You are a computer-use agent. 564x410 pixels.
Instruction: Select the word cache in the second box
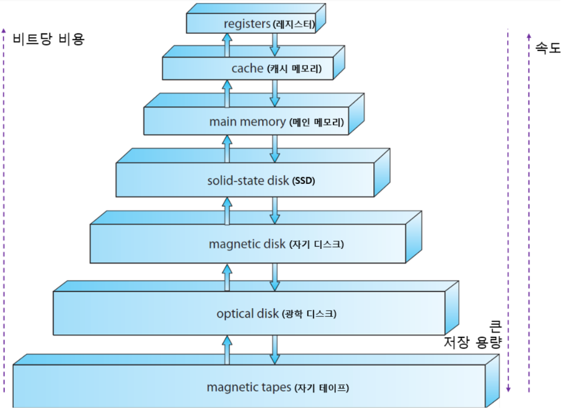click(247, 69)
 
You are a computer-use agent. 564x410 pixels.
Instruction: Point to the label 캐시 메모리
click(295, 69)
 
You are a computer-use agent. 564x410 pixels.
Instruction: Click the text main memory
click(247, 122)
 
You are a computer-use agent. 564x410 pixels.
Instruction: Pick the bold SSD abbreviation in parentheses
click(304, 181)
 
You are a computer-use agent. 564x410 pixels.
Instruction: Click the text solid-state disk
click(248, 180)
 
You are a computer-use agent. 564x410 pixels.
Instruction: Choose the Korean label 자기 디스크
click(317, 244)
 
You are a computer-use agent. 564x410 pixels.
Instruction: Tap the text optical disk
click(247, 313)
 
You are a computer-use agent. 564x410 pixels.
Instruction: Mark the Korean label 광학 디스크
click(309, 314)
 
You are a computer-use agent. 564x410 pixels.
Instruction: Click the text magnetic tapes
click(248, 387)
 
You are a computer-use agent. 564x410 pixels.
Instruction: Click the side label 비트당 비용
click(49, 39)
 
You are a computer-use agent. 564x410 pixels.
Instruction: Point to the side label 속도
click(548, 48)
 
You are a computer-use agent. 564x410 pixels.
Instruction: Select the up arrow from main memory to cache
click(227, 93)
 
